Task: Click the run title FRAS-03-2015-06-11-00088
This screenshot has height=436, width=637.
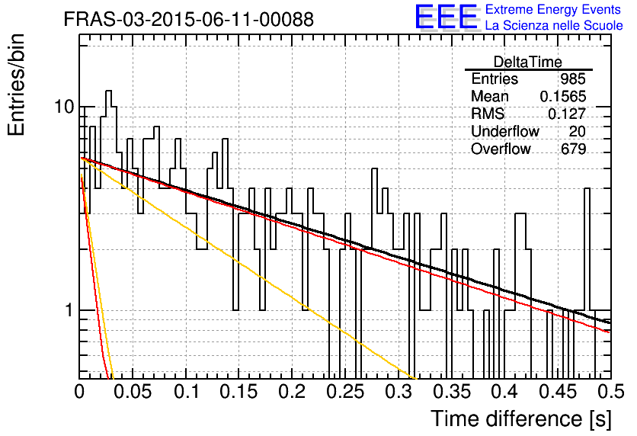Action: (x=189, y=19)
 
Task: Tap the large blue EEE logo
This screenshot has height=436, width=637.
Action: (x=446, y=17)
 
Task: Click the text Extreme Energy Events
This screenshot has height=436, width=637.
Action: (x=553, y=9)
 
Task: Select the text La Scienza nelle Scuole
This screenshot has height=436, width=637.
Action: (x=554, y=25)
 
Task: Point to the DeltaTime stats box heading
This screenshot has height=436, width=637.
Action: (x=528, y=62)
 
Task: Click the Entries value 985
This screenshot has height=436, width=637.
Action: (x=573, y=79)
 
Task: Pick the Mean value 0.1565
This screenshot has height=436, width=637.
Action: (x=563, y=96)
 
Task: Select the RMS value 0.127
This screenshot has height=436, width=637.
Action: (x=567, y=114)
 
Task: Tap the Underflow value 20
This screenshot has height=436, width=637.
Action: (x=577, y=131)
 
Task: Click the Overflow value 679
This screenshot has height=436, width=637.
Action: (x=573, y=149)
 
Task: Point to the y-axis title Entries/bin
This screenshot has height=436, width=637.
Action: (x=16, y=85)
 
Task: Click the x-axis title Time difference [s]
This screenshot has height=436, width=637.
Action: (x=521, y=419)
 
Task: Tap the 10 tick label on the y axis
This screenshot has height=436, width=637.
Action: (x=64, y=107)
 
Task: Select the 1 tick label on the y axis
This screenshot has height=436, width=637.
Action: (x=69, y=310)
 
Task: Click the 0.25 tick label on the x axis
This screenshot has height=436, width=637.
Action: (x=345, y=392)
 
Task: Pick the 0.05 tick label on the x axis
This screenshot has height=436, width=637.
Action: (x=132, y=392)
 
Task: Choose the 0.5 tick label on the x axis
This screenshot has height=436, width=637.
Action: (x=610, y=392)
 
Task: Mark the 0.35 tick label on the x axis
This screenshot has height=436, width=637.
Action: (x=452, y=392)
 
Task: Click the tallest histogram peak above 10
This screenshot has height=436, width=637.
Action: (x=108, y=91)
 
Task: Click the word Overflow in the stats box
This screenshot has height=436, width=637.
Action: (x=501, y=149)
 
